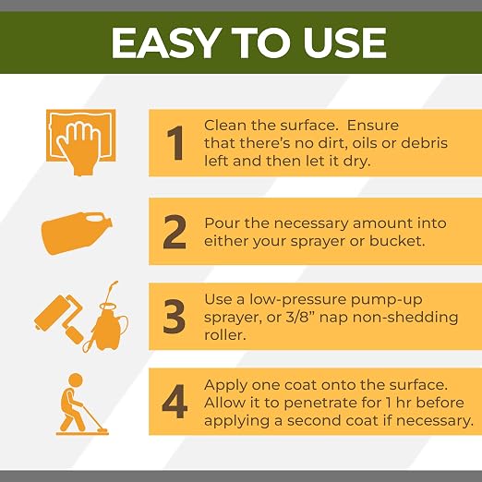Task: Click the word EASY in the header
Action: coord(164,42)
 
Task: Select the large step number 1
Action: coord(175,143)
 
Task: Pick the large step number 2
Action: coord(175,232)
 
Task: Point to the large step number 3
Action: coord(174,317)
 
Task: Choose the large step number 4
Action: coord(175,402)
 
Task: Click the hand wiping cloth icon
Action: coord(81,142)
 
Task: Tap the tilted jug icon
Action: coord(77,234)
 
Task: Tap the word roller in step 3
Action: coord(225,334)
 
